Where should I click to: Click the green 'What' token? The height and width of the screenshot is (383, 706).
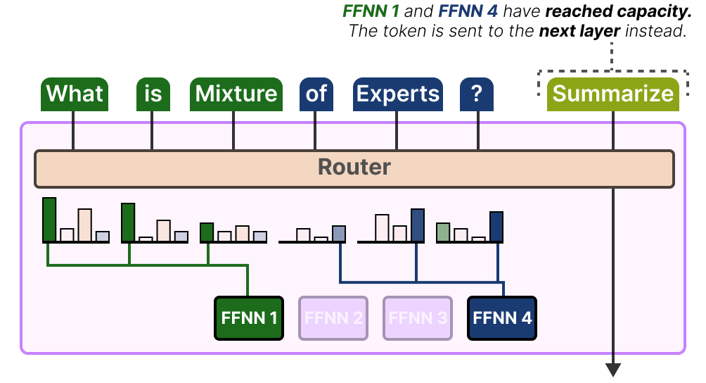click(x=75, y=94)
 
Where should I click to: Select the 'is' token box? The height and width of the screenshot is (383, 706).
click(x=153, y=94)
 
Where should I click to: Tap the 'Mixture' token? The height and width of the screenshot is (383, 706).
click(x=236, y=94)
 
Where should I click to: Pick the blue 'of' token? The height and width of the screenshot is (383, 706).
click(x=316, y=94)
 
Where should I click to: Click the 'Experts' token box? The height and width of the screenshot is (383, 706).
click(x=397, y=94)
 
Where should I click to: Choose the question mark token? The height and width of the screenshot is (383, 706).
click(x=477, y=94)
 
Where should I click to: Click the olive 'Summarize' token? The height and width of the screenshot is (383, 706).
click(x=612, y=94)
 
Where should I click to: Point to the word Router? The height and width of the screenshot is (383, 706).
click(x=354, y=168)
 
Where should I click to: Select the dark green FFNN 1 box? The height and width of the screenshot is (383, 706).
click(x=248, y=318)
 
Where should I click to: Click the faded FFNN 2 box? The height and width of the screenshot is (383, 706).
click(x=333, y=318)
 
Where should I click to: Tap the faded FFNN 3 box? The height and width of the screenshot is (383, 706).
click(x=418, y=318)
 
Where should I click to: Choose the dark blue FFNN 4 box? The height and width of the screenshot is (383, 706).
click(x=502, y=318)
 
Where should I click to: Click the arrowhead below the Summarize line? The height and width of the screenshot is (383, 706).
click(x=613, y=369)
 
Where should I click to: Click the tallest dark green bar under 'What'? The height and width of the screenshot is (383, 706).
click(x=49, y=220)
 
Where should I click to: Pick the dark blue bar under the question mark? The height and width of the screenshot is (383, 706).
click(x=496, y=226)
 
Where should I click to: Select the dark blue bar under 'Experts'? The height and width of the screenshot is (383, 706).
click(x=418, y=225)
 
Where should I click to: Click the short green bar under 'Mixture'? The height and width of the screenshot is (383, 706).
click(x=207, y=232)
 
